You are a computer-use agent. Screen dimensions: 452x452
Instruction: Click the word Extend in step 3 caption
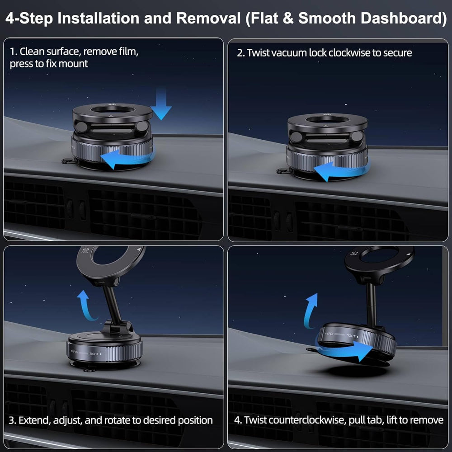point(34,420)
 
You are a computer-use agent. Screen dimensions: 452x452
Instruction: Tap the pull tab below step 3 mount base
point(88,369)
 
